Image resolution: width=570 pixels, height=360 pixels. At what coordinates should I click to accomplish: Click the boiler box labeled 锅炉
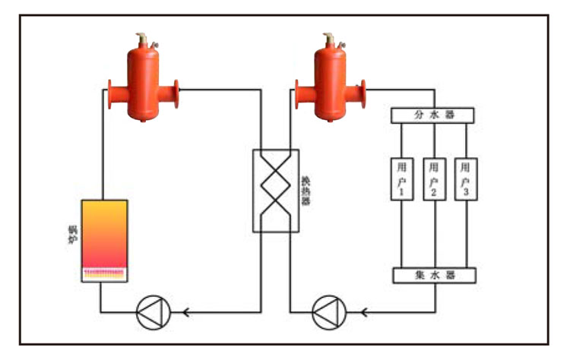click(104, 240)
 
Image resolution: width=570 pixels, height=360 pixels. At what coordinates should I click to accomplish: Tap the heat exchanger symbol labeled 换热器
click(275, 191)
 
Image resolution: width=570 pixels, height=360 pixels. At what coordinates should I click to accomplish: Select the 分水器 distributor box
click(432, 115)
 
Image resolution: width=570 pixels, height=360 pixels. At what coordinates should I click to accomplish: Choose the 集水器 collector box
click(433, 276)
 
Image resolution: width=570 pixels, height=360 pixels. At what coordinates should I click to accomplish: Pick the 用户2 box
click(433, 179)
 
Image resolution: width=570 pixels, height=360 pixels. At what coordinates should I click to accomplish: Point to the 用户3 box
click(466, 179)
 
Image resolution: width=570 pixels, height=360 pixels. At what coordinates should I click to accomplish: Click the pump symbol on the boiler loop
click(152, 311)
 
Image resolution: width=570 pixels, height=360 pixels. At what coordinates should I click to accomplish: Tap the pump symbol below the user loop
click(328, 311)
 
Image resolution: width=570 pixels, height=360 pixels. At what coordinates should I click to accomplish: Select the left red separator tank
click(144, 84)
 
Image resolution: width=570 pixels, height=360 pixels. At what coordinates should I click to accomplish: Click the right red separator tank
click(330, 84)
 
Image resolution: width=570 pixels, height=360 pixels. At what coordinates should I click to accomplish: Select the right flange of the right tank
click(362, 93)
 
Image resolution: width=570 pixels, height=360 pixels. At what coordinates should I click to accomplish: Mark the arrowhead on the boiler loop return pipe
click(185, 311)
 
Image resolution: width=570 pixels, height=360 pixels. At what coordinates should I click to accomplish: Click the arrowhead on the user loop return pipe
click(363, 311)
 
